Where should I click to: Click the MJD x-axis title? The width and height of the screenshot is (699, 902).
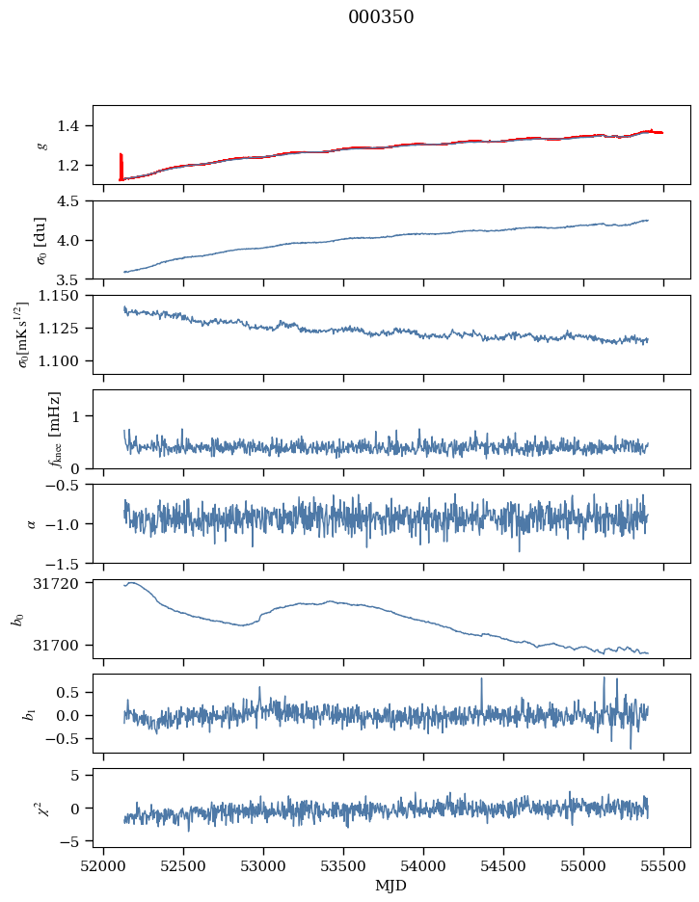(x=391, y=885)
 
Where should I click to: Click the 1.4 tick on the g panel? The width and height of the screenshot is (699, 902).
(x=75, y=125)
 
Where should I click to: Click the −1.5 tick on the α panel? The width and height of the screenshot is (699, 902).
(x=67, y=563)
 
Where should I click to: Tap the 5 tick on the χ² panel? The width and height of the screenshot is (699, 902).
(x=80, y=775)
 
